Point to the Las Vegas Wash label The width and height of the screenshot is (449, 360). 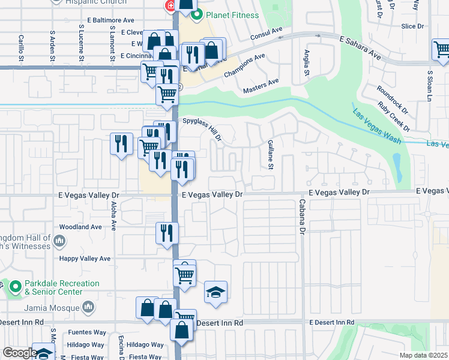click(x=376, y=127)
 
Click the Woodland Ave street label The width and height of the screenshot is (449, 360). click(x=80, y=227)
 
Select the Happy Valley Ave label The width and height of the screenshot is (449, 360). click(x=85, y=259)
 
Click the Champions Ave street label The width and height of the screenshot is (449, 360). click(x=244, y=65)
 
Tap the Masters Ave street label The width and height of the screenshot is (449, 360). click(x=261, y=86)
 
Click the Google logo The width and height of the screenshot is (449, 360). click(x=19, y=353)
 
